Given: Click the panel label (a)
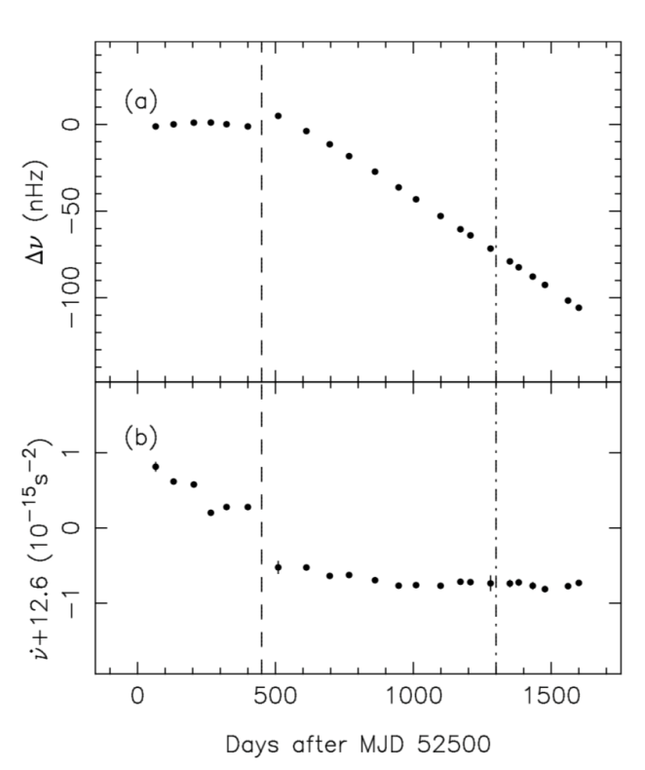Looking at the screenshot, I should (137, 101).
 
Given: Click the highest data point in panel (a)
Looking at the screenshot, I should (278, 116).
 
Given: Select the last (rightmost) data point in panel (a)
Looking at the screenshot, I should (579, 308).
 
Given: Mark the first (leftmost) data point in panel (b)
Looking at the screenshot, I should (156, 466).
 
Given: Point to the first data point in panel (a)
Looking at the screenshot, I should (155, 126).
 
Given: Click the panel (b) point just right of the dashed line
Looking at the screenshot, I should (278, 567).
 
